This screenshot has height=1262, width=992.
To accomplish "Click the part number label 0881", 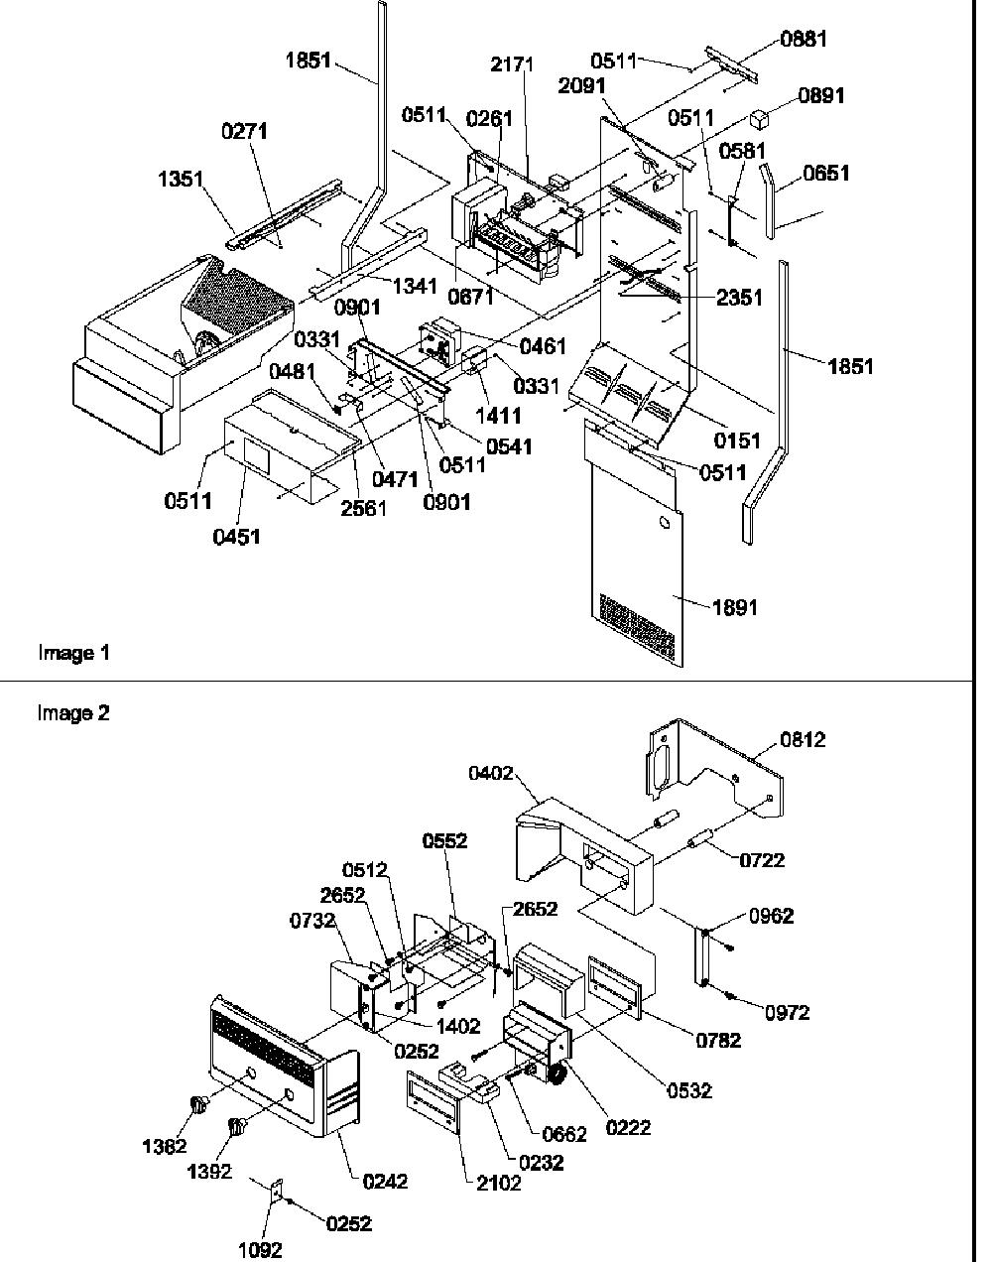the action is (x=804, y=40).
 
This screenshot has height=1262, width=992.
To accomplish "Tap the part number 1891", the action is (x=735, y=607).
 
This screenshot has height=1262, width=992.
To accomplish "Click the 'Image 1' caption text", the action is (x=73, y=653).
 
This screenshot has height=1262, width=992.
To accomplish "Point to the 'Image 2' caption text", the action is (x=73, y=713).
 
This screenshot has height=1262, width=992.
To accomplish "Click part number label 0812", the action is (x=803, y=740).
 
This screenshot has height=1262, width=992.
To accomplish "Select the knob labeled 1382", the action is (x=198, y=1105).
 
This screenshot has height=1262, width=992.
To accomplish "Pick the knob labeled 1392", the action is (x=236, y=1126).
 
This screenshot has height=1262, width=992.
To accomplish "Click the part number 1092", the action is (x=260, y=1250).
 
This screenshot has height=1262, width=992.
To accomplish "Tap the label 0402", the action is (x=491, y=774).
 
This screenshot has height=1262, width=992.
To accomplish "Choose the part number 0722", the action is (x=762, y=860).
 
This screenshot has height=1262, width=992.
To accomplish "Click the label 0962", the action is (x=771, y=916).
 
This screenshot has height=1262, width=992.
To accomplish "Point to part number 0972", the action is (x=787, y=1013).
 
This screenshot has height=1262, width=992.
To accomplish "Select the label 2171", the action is (x=512, y=64).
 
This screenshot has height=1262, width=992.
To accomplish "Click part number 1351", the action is (x=181, y=179).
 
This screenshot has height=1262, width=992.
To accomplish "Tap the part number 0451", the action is (x=236, y=537).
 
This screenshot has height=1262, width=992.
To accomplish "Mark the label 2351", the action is (x=739, y=298).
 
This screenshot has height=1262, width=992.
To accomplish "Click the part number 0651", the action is (x=826, y=174).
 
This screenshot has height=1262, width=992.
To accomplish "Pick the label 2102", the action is (x=498, y=1184).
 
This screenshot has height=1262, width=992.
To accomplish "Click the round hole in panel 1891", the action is (x=665, y=522).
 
